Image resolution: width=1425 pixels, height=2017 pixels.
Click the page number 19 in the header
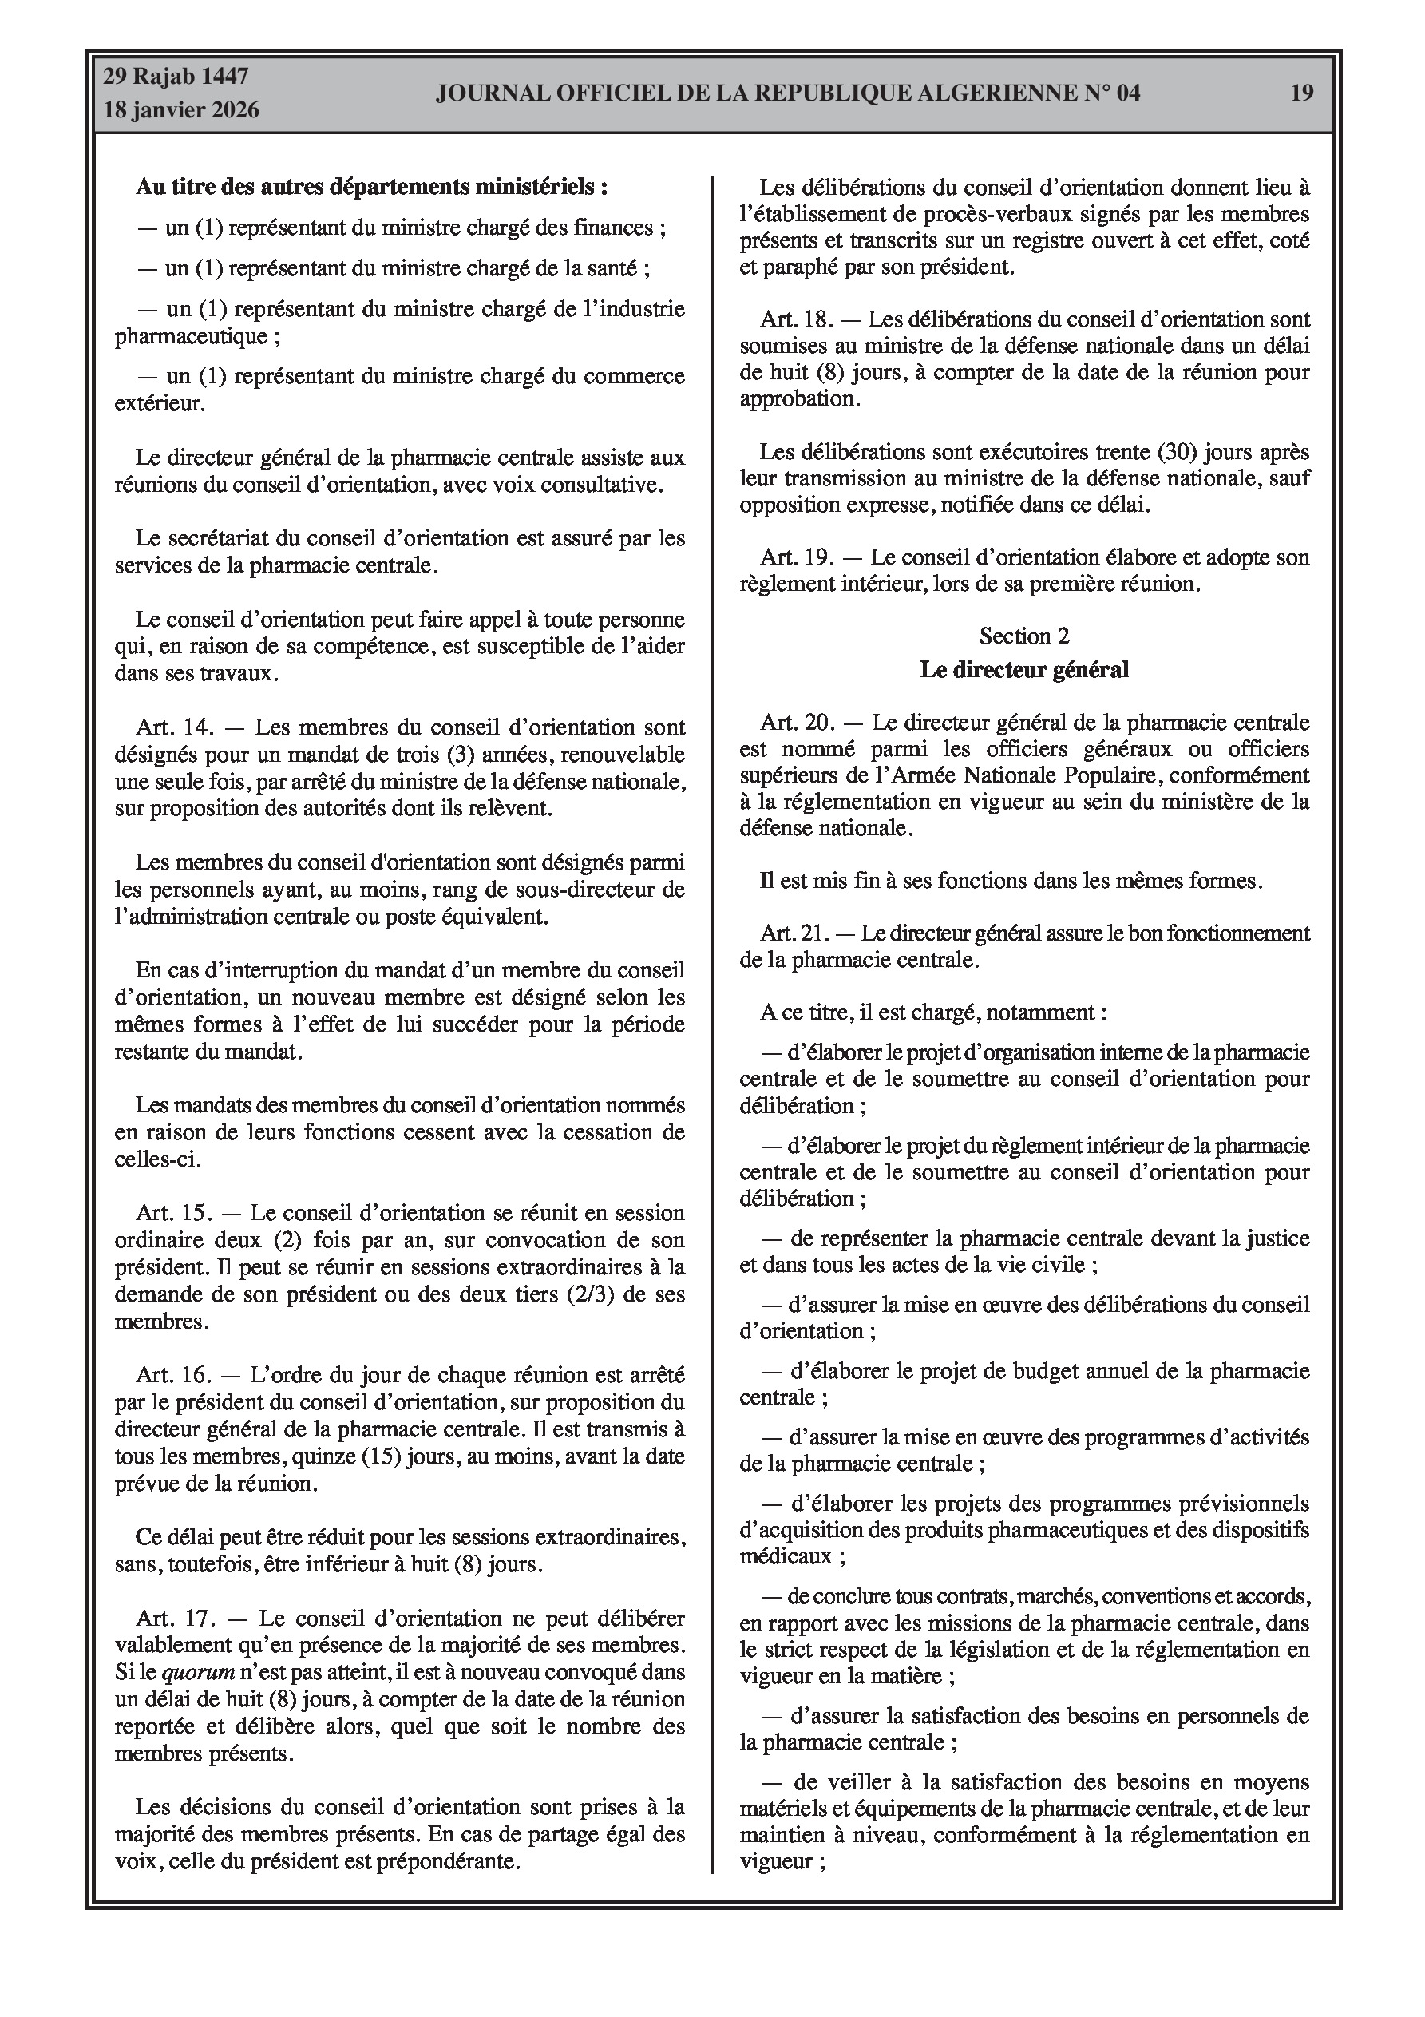1301,93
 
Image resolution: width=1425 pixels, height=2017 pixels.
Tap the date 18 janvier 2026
181,110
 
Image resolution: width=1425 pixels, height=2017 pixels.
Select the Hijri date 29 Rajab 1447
176,77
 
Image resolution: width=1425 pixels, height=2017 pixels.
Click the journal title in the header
787,93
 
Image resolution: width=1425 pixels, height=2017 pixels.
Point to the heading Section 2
1023,636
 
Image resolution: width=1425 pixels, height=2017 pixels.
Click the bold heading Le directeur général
1023,669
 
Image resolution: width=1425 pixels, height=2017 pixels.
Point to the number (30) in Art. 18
1177,453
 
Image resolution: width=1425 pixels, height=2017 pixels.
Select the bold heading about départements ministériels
372,187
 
